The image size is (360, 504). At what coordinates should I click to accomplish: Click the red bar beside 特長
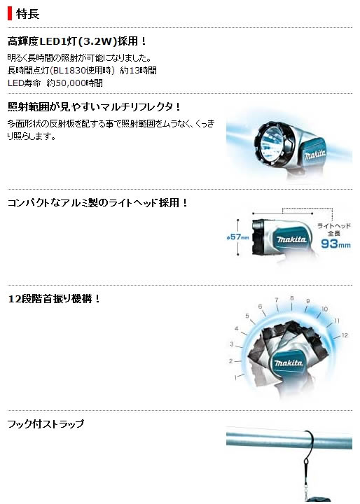[10, 14]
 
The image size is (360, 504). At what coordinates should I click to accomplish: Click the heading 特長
[28, 14]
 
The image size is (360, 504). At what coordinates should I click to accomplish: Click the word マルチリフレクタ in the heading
[142, 107]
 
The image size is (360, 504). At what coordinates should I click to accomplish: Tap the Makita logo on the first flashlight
[315, 155]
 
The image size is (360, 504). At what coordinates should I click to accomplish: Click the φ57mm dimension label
[237, 237]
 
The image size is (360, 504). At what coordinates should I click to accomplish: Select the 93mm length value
[335, 244]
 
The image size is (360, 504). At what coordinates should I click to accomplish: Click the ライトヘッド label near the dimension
[334, 225]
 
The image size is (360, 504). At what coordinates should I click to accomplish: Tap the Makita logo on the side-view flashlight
[291, 239]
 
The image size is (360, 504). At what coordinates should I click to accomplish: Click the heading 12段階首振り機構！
[54, 299]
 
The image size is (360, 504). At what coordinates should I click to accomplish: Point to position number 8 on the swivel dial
[292, 298]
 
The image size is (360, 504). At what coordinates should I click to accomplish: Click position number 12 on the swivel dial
[345, 335]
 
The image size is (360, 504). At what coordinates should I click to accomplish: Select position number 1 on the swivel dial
[235, 378]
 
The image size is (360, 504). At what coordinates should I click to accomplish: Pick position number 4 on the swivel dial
[237, 328]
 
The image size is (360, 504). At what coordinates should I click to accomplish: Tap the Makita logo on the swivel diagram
[289, 363]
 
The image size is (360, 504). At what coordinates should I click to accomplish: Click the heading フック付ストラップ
[46, 424]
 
